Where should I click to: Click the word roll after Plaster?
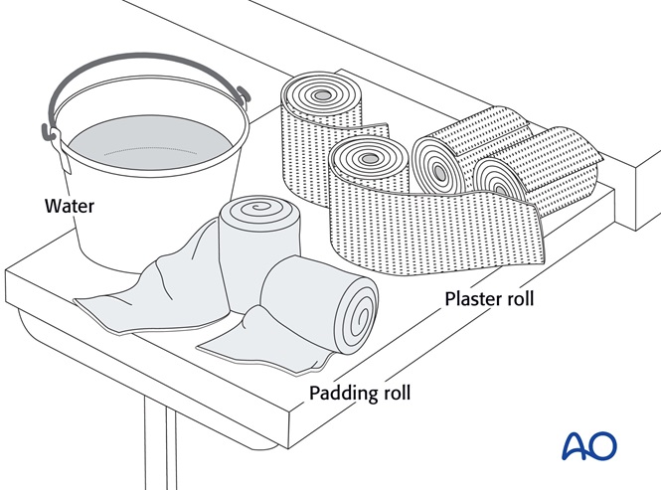pyautogui.click(x=518, y=298)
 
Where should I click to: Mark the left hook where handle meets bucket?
pyautogui.click(x=46, y=130)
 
